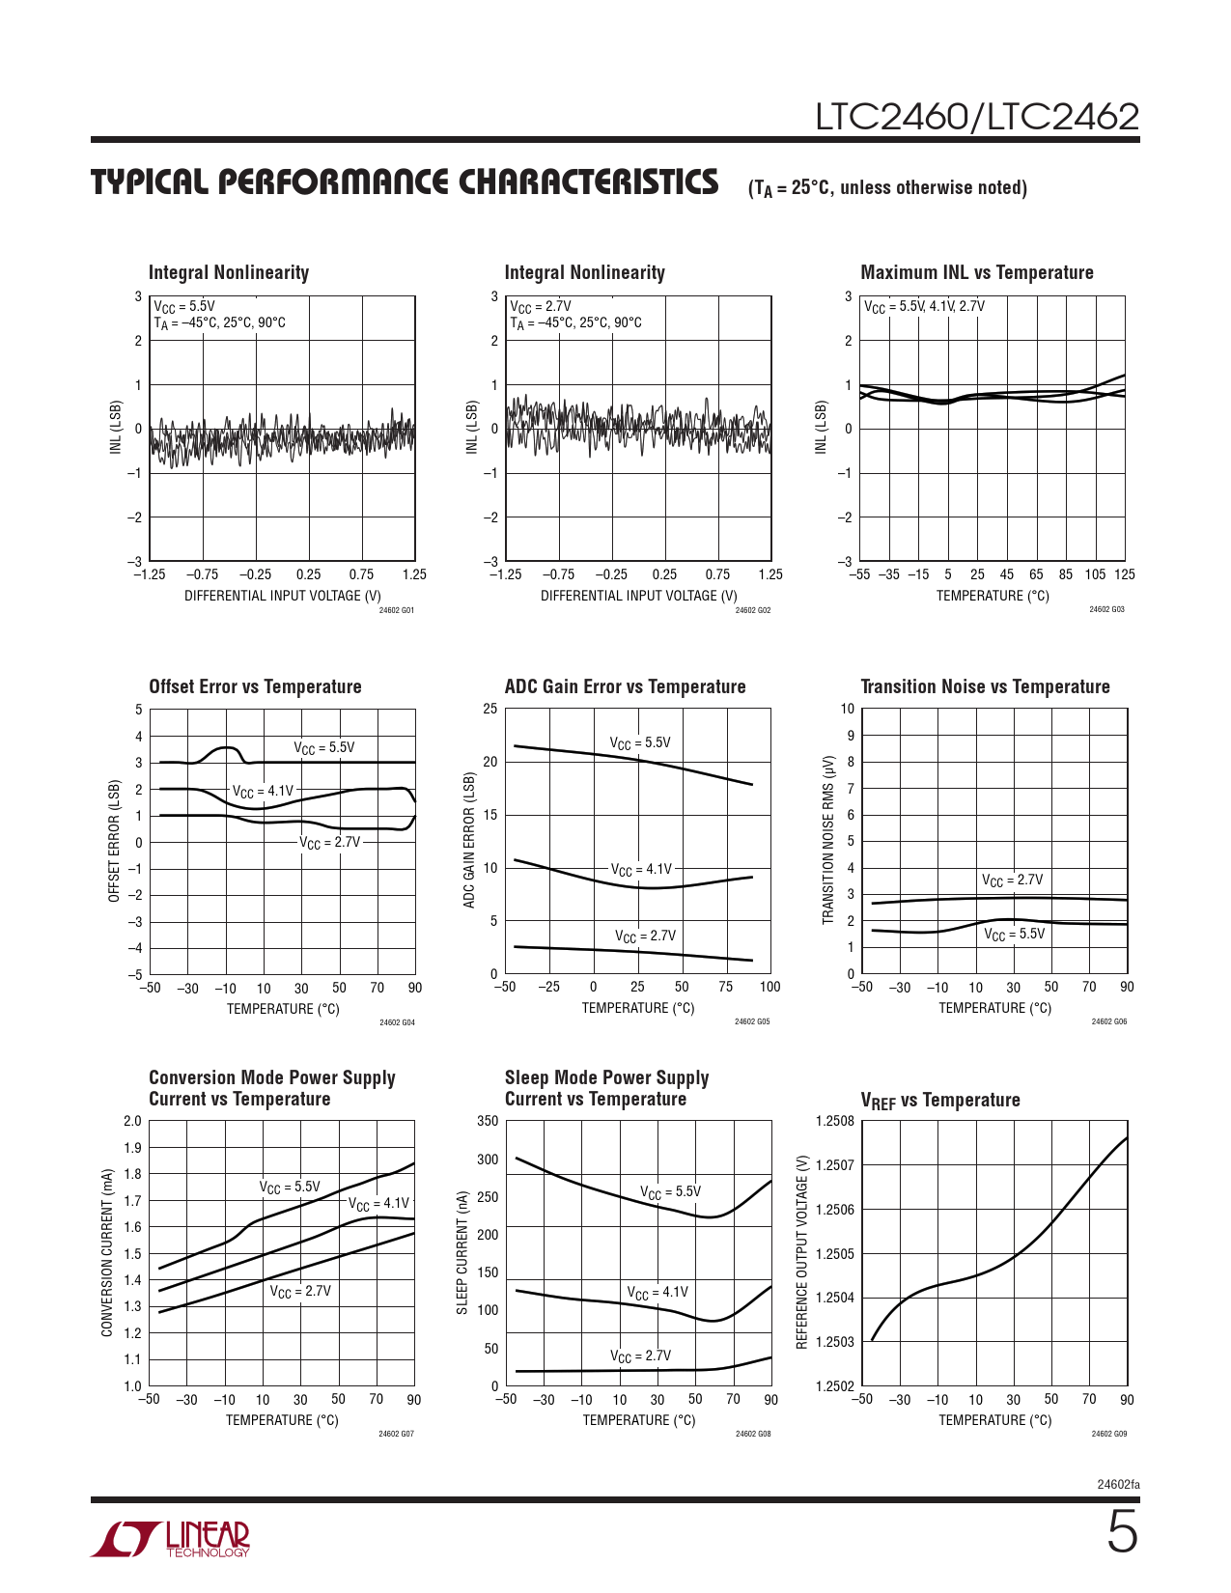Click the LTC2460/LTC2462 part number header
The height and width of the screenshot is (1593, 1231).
tap(977, 117)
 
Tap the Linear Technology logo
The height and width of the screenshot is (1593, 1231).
tap(171, 1539)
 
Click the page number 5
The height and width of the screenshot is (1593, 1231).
tap(1122, 1533)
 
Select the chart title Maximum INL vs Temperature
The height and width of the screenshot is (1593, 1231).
tap(976, 273)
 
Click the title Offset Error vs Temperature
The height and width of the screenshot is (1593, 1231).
tap(255, 686)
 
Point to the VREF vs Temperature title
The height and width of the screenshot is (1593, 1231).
tap(939, 1101)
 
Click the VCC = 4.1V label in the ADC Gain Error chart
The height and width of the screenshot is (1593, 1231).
tap(641, 869)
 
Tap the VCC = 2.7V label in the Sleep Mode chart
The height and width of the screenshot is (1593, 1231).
tap(640, 1355)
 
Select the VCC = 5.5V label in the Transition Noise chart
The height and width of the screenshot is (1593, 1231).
tap(1014, 934)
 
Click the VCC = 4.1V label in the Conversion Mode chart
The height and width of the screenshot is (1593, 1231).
tap(378, 1203)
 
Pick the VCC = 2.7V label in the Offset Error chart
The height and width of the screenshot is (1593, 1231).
tap(329, 842)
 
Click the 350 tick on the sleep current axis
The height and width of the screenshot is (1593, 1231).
tap(488, 1121)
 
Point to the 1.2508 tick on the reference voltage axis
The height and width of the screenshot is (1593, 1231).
tap(834, 1121)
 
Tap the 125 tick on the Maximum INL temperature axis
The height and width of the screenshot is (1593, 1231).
tap(1125, 574)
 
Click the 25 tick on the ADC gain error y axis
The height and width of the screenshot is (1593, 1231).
tap(490, 709)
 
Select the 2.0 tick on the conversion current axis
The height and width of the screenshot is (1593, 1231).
tap(132, 1121)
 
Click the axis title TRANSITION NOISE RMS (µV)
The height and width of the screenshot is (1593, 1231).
tap(827, 840)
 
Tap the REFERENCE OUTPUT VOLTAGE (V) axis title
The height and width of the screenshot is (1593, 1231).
tap(801, 1252)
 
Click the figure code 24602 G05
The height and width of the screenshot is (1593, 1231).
tap(752, 1021)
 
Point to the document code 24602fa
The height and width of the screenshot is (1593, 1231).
tap(1118, 1484)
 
